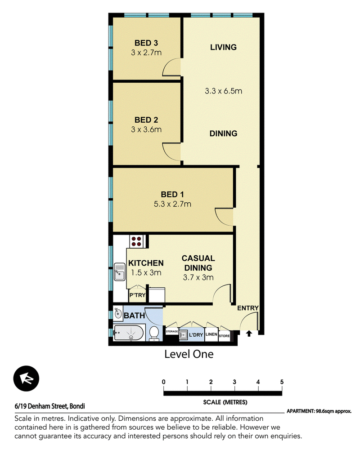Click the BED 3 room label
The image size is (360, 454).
pos(146,43)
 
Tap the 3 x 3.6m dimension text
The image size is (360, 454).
pos(146,129)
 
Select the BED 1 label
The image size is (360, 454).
pos(172,194)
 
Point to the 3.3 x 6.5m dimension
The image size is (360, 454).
pos(223,91)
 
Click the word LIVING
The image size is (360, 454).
pos(223,47)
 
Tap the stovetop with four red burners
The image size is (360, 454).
pos(136,241)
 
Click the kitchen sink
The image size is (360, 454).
pos(119,272)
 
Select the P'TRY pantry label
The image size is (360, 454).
pos(137,295)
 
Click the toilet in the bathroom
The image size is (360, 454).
pos(154,333)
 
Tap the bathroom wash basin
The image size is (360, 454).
pos(118,313)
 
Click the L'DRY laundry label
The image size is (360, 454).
pos(196,335)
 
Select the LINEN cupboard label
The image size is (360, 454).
pos(211,334)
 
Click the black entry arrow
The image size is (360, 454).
pos(249,334)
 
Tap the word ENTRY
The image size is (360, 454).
pos(248,308)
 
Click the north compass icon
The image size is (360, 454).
pos(26,378)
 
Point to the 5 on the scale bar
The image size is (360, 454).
pos(282,382)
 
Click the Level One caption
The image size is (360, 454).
pos(189,354)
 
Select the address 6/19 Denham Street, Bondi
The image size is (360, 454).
pos(49,406)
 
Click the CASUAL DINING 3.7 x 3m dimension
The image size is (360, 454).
pos(198,277)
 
